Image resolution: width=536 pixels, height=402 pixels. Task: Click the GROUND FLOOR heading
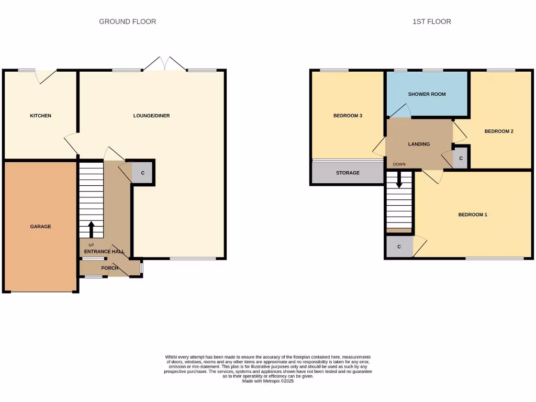(127, 21)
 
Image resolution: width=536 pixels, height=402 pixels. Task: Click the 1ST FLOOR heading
(431, 21)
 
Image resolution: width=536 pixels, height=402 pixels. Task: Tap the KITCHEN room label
(40, 116)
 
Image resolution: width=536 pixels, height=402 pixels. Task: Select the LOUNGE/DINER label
(151, 116)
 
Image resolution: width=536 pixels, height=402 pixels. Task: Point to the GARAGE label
(40, 227)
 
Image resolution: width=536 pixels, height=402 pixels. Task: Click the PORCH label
(109, 268)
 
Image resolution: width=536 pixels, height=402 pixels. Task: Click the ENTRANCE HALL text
(104, 252)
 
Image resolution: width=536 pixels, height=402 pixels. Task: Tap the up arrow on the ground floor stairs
(91, 229)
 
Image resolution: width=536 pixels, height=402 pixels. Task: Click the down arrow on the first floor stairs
(399, 181)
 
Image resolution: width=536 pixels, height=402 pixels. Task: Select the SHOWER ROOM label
(427, 94)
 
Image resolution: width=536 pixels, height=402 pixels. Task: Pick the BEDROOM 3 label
(348, 116)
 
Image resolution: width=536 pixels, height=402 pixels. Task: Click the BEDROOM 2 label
(498, 131)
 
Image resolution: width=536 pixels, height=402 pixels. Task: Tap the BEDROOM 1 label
(473, 215)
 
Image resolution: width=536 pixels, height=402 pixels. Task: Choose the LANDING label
(419, 144)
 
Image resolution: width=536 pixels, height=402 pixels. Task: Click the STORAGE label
(348, 173)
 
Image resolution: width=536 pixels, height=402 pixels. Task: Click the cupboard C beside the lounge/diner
(142, 173)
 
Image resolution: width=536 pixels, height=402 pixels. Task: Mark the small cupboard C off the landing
(461, 158)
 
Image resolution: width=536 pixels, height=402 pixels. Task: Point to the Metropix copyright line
(268, 382)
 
